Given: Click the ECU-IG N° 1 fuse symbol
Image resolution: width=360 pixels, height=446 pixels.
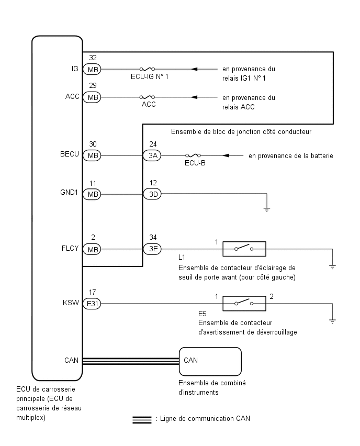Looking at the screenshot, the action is tap(147, 69).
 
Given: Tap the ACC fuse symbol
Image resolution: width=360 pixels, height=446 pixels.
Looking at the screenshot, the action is tap(147, 97).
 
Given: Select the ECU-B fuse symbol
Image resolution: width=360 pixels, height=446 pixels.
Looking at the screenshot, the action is tap(193, 155).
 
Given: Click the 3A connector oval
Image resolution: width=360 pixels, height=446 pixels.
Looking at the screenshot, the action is tap(152, 155).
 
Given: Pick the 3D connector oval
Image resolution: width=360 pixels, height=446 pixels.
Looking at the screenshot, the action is tap(152, 194).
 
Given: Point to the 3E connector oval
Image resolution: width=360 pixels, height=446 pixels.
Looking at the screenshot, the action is tap(152, 249).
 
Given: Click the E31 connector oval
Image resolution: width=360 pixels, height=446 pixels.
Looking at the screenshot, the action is tap(92, 304).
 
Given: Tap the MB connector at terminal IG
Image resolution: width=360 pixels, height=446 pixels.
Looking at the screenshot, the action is tap(92, 69).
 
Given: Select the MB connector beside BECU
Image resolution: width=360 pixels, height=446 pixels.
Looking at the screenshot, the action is tap(92, 155).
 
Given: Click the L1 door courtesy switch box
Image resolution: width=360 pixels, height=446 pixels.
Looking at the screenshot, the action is tap(244, 249).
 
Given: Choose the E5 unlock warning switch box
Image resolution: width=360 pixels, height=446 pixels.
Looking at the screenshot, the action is tap(244, 304).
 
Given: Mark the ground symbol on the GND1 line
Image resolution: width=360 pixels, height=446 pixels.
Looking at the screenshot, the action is tap(267, 210).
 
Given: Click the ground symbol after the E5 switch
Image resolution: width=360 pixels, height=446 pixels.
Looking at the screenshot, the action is tap(332, 321).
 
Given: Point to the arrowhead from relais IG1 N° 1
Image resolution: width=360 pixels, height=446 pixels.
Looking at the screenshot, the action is tap(194, 69).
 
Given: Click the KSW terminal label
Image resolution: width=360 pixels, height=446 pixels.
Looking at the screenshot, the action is tap(71, 303).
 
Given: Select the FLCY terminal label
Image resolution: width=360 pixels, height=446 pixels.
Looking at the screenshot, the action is tap(70, 248).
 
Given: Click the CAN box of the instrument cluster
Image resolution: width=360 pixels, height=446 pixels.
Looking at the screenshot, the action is tap(210, 362).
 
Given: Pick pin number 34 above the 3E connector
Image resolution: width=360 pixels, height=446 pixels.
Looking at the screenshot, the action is tap(153, 237).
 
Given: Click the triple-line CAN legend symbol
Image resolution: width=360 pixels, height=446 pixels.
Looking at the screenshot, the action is tap(142, 420).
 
